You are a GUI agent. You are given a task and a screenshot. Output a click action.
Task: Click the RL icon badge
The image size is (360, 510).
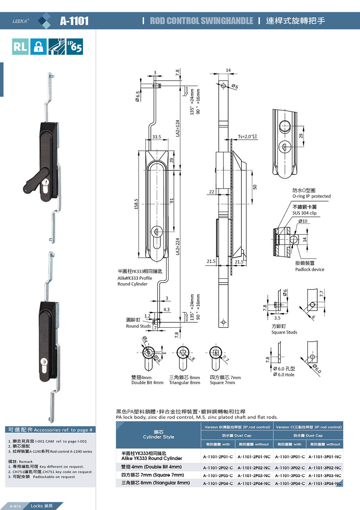click(x=20, y=46)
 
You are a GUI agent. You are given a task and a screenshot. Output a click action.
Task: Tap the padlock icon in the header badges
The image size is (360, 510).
click(x=38, y=46)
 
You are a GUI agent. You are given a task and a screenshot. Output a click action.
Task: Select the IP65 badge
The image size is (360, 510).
click(x=75, y=46)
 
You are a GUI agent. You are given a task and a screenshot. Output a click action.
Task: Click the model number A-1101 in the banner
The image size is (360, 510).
click(x=74, y=21)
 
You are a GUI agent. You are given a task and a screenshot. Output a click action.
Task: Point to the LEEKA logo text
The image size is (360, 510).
click(x=20, y=21)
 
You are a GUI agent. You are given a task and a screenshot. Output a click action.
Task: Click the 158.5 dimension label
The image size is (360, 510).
click(x=136, y=204)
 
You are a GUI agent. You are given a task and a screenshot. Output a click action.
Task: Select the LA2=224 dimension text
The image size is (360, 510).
click(x=177, y=247)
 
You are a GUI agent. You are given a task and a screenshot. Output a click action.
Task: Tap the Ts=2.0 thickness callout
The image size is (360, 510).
click(x=247, y=137)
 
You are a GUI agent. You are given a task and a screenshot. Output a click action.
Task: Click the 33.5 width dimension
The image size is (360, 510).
click(x=156, y=137)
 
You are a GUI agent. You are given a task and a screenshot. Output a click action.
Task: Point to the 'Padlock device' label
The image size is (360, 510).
click(x=310, y=269)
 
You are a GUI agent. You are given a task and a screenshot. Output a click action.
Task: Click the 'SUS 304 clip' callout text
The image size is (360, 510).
click(x=304, y=213)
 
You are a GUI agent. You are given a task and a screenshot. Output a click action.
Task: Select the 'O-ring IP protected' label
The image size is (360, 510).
click(x=311, y=196)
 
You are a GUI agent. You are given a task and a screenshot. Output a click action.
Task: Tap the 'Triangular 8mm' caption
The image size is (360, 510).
click(x=185, y=383)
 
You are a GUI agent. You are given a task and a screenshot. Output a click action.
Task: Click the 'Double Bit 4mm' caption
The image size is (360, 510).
click(x=147, y=383)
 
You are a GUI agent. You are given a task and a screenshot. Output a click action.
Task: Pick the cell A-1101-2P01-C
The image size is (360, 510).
click(x=218, y=457)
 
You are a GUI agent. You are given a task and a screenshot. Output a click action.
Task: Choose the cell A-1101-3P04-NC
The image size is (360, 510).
click(x=325, y=483)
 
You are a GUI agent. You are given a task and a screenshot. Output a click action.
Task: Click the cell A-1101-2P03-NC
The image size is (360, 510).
click(x=254, y=475)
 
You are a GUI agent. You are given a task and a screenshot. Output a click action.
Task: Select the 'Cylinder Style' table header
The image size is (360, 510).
click(x=159, y=437)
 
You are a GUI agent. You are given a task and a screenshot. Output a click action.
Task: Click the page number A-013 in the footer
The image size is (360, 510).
click(x=15, y=506)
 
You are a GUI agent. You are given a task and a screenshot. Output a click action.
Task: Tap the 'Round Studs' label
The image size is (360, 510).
click(x=138, y=326)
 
